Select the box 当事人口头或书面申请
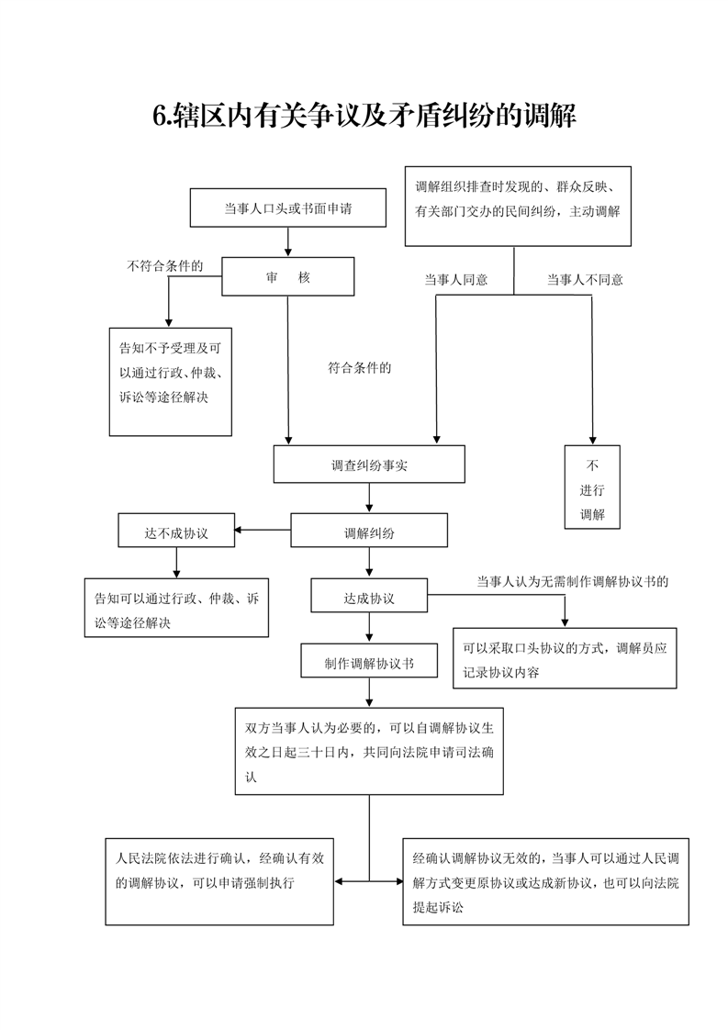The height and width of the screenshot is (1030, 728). [288, 208]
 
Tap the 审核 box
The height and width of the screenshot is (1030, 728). [288, 276]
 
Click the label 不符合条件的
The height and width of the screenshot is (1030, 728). [164, 266]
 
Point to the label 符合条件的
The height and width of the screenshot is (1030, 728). [360, 368]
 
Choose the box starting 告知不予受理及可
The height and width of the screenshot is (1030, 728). [171, 381]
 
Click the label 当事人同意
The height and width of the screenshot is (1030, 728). [455, 280]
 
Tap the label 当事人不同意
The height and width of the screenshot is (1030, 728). [585, 280]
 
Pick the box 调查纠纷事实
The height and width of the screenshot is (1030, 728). [369, 465]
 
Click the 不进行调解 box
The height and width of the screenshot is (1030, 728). [592, 487]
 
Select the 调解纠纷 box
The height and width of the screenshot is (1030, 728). [369, 531]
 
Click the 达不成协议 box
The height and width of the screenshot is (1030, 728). [175, 532]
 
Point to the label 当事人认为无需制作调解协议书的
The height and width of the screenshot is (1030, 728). [572, 582]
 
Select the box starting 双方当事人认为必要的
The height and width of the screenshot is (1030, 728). [369, 751]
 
